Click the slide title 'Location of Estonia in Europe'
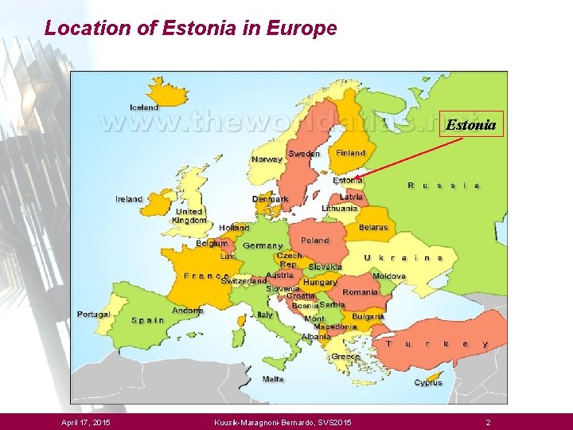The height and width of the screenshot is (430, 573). (191, 29)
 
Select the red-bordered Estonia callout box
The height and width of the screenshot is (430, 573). (471, 124)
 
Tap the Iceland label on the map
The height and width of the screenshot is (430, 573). (145, 107)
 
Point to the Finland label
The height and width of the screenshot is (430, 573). (351, 153)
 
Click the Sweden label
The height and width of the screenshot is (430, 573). (304, 154)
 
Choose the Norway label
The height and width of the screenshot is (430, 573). (267, 159)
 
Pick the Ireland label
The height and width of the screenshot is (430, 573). (129, 199)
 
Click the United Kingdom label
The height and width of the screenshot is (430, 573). (189, 216)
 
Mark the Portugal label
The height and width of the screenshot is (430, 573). (94, 315)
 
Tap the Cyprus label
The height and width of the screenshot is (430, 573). (428, 383)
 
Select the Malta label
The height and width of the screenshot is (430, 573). (273, 379)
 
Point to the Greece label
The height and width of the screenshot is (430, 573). (345, 357)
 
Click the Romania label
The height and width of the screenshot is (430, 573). (360, 292)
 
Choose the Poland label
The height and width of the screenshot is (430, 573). (315, 240)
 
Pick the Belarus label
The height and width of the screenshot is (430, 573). (373, 228)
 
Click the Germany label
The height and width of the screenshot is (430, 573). (263, 246)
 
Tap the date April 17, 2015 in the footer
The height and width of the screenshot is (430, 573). (86, 421)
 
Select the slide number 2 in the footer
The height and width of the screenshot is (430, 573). (489, 421)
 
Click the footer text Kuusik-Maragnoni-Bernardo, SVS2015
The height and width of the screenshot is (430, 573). (283, 421)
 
